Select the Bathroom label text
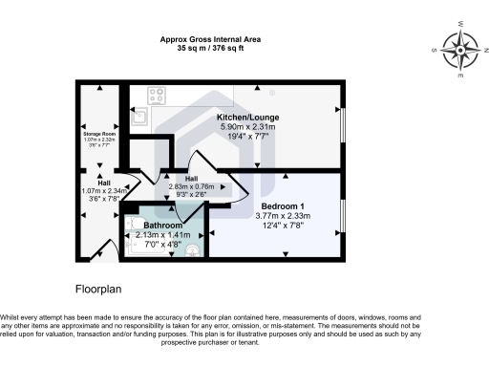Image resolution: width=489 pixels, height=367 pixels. click(163, 226)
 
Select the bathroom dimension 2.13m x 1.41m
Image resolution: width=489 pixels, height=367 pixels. click(163, 234)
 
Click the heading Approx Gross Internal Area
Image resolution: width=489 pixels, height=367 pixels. click(210, 39)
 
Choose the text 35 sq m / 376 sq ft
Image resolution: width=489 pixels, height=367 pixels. click(210, 49)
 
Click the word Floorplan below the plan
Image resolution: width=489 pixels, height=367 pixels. click(100, 287)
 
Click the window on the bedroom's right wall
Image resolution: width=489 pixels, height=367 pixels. click(341, 216)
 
